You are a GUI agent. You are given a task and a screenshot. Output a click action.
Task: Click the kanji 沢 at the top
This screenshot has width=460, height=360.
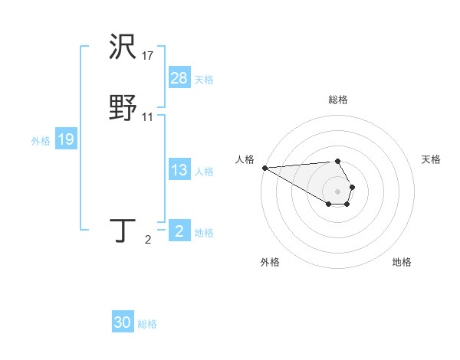click(123, 48)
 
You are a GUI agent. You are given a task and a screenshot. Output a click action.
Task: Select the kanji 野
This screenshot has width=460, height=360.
click(123, 108)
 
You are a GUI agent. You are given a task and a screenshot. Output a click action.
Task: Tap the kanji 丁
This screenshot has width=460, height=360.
click(123, 231)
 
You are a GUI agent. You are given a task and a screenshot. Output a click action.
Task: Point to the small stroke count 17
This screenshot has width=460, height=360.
click(148, 56)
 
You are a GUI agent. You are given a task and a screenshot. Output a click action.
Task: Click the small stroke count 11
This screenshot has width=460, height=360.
click(148, 117)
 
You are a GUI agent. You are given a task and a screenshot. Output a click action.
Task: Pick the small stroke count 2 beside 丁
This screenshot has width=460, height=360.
click(148, 241)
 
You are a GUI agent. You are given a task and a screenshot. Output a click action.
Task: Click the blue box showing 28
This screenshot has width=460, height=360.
click(179, 77)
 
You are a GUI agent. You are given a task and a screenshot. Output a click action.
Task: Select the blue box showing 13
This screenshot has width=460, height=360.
click(179, 170)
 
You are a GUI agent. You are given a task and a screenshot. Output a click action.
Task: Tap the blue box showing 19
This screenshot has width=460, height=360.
click(65, 139)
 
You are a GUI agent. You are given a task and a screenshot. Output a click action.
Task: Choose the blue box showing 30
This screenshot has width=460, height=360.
click(123, 322)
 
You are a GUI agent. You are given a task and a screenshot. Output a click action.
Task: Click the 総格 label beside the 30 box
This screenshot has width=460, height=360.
click(147, 324)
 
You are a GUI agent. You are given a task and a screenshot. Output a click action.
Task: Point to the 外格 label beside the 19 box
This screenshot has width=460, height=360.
click(41, 141)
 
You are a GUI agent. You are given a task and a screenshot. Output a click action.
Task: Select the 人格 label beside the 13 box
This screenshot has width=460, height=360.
click(204, 172)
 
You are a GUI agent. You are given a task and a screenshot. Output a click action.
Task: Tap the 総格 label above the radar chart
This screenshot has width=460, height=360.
click(337, 100)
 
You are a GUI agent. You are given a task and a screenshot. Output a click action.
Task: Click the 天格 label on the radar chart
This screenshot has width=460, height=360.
click(431, 159)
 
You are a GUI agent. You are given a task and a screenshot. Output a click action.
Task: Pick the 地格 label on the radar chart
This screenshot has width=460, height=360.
click(402, 262)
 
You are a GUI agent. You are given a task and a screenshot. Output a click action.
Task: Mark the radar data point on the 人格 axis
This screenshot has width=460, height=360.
click(264, 168)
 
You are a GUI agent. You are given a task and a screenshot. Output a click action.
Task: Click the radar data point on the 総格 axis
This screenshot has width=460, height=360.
click(337, 161)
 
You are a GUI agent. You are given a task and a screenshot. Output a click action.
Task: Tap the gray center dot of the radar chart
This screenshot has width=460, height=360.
click(337, 191)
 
